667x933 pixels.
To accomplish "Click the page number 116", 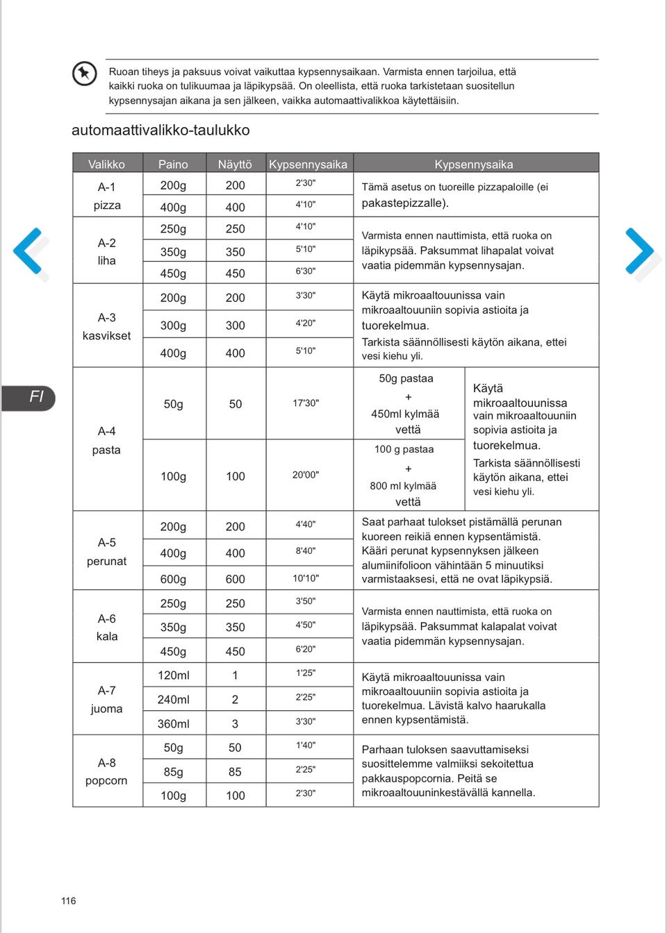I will click(x=68, y=901).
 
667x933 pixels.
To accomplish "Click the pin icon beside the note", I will click(x=85, y=73).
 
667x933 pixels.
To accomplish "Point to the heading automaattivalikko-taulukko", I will click(x=160, y=131).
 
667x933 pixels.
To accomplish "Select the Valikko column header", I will click(x=106, y=165).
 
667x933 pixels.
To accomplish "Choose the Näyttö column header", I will click(x=235, y=165).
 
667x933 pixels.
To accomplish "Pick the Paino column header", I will click(x=173, y=165).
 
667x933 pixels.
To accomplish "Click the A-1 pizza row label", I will click(x=107, y=196).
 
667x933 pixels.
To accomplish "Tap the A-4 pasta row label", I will click(x=106, y=440).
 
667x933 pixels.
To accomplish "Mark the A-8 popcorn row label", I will click(x=106, y=771).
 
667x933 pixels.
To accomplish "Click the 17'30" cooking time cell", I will click(x=306, y=403).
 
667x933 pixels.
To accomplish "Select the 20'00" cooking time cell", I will click(x=306, y=475).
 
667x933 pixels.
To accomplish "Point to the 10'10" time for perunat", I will click(x=306, y=578).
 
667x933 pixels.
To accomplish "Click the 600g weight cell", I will click(x=173, y=579).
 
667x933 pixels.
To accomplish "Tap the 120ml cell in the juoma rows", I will click(x=173, y=675).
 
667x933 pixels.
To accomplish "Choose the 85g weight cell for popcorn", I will click(x=173, y=772).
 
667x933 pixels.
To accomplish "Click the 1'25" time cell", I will click(x=306, y=673).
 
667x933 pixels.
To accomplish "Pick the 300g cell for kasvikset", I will click(x=173, y=326).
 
